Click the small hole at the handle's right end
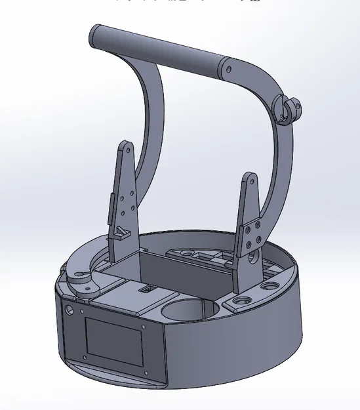[x=229, y=68]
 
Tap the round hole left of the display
[x=69, y=310]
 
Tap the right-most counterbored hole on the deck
[x=269, y=287]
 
